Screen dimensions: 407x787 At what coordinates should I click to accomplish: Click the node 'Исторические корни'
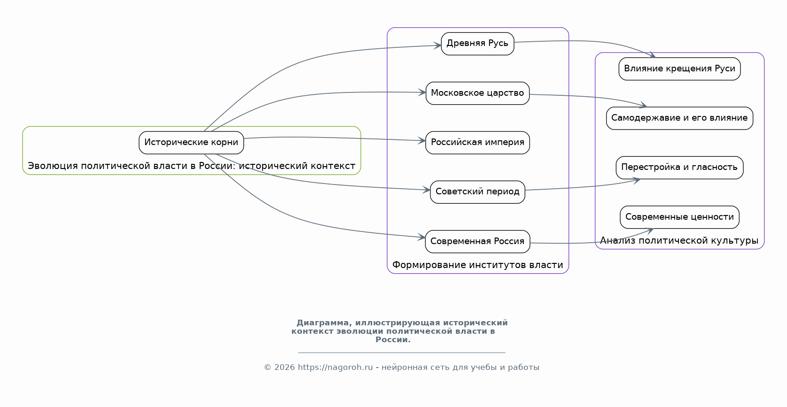point(191,142)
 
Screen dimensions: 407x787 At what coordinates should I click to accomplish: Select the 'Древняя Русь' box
point(477,44)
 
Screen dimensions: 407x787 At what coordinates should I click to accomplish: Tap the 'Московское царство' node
point(477,93)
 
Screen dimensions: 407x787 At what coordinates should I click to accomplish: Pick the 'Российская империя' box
point(477,142)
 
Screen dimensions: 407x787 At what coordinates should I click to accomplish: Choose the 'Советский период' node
point(477,192)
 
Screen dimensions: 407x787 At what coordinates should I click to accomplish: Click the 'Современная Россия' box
point(477,241)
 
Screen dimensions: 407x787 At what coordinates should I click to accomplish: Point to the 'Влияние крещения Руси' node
point(679,69)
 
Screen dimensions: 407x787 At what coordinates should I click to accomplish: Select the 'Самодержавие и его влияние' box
point(679,118)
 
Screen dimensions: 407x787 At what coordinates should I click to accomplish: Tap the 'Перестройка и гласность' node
point(679,167)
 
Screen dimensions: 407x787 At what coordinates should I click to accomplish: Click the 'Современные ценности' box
point(679,217)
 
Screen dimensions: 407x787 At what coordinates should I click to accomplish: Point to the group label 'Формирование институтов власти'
point(477,265)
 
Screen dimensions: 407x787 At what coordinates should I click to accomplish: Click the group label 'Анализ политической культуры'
point(679,241)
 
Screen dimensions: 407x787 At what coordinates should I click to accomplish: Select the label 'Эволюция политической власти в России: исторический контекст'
point(191,166)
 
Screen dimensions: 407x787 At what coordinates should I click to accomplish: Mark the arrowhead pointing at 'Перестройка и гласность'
point(637,180)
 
